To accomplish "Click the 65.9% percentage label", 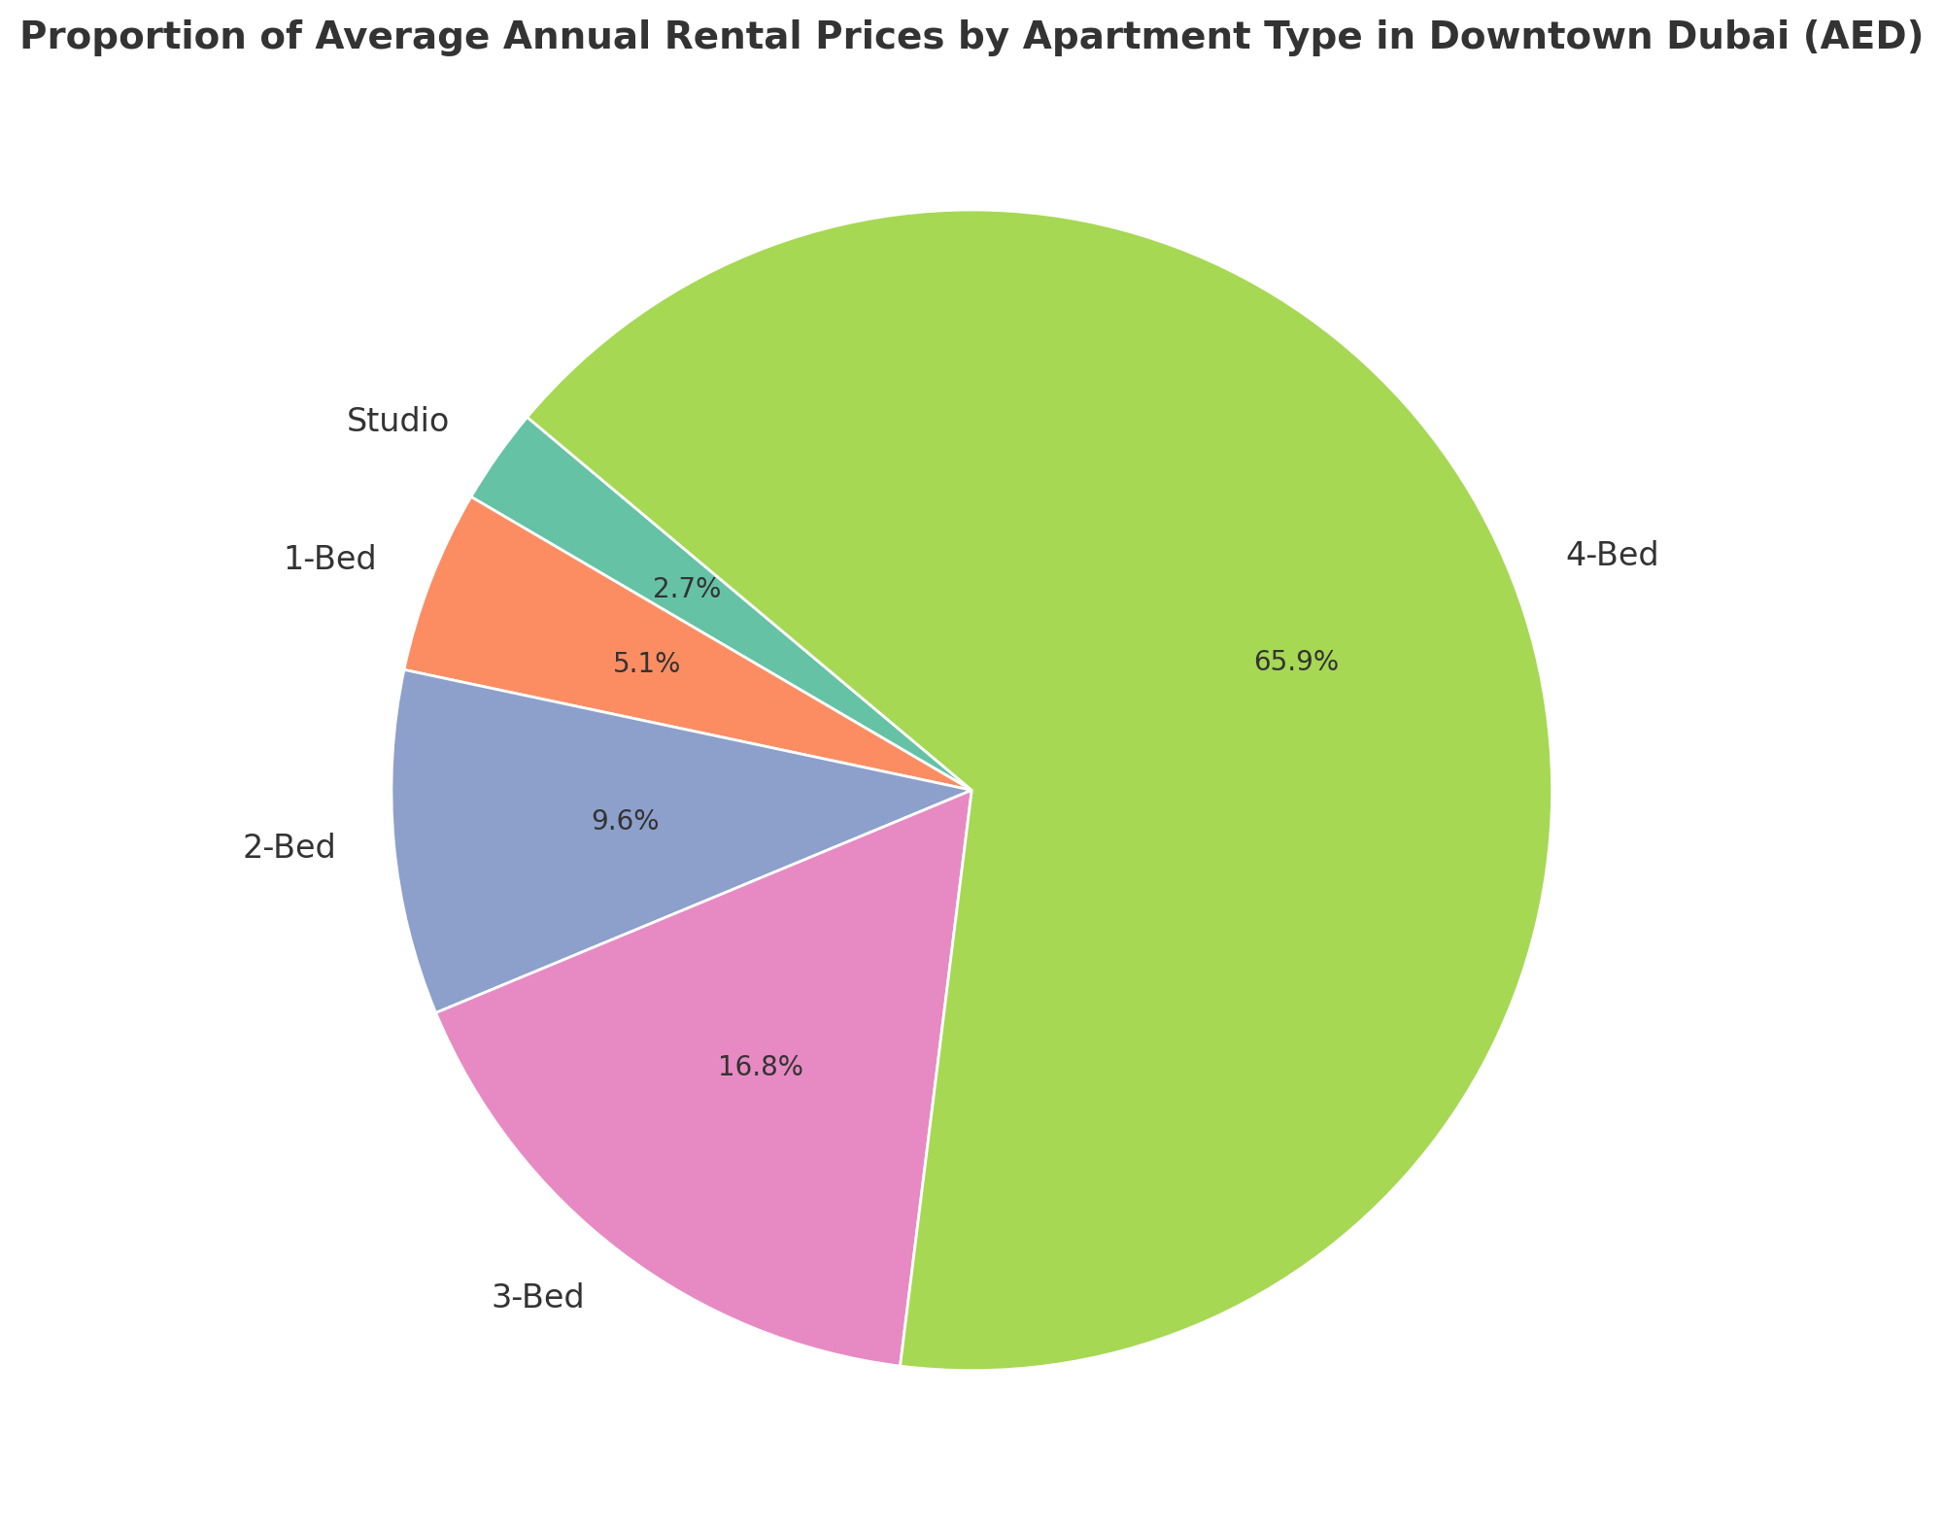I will point(1296,662).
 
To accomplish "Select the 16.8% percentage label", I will point(761,1067).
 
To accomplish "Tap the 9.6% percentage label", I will point(626,821).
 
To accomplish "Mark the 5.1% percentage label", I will point(646,665).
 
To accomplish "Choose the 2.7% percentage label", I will point(687,588).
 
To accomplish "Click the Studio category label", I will point(397,421).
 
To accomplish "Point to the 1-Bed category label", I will point(329,559).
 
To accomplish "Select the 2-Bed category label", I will point(289,847).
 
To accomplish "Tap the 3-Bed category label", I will point(538,1297).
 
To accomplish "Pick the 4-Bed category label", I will point(1612,556).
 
